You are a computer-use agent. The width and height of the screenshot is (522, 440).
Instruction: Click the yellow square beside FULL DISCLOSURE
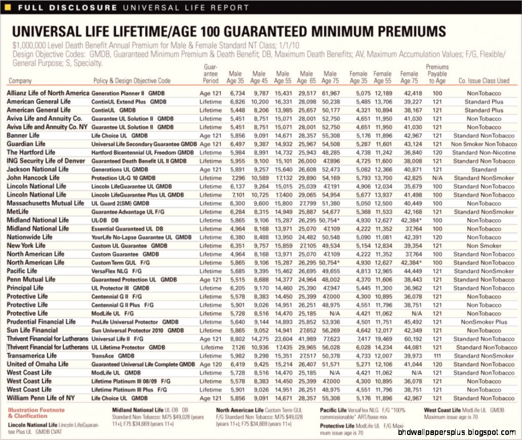pyautogui.click(x=7, y=8)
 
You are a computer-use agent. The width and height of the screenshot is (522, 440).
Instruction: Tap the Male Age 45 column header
pyautogui.click(x=259, y=77)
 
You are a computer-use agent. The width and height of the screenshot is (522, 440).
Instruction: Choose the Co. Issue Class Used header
pyautogui.click(x=484, y=81)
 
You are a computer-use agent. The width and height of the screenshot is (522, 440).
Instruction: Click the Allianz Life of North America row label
pyautogui.click(x=48, y=93)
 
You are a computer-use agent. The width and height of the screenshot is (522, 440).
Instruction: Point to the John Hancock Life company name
pyautogui.click(x=33, y=178)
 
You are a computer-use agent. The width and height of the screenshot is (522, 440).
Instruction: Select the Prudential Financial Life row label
pyautogui.click(x=41, y=322)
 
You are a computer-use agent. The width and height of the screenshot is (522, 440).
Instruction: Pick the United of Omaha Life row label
pyautogui.click(x=37, y=364)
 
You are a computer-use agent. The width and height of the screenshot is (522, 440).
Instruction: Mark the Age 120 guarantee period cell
pyautogui.click(x=211, y=364)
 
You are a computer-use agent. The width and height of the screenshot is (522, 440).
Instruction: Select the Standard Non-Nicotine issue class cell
pyautogui.click(x=484, y=152)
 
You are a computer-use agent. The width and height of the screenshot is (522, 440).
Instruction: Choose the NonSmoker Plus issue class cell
pyautogui.click(x=484, y=322)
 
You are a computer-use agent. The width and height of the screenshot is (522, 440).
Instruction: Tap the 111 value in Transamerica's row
pyautogui.click(x=437, y=355)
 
